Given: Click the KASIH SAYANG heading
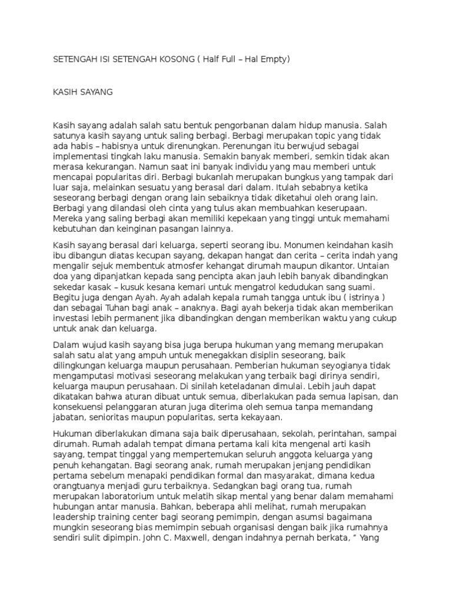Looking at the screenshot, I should [82, 92].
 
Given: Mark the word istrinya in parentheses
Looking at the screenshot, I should [371, 297].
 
